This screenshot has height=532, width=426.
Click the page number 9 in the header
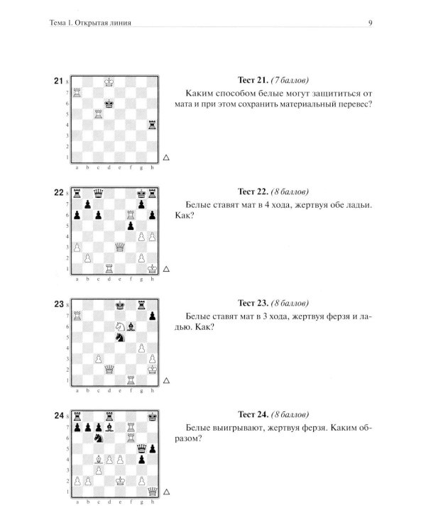pyautogui.click(x=371, y=23)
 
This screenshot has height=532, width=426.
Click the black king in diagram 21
pyautogui.click(x=109, y=104)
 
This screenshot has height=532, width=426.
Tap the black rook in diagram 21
pyautogui.click(x=152, y=125)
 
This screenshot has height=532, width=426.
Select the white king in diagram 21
pyautogui.click(x=109, y=82)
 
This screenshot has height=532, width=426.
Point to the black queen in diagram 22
pyautogui.click(x=99, y=194)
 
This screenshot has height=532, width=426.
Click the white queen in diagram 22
pyautogui.click(x=119, y=247)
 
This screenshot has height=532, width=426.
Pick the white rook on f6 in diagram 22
pyautogui.click(x=131, y=215)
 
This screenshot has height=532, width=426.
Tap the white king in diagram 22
pyautogui.click(x=152, y=268)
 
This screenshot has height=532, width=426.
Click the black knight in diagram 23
pyautogui.click(x=120, y=337)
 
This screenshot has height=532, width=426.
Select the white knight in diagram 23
pyautogui.click(x=120, y=326)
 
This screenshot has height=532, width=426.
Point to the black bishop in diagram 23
pyautogui.click(x=131, y=326)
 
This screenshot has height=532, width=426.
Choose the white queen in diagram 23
pyautogui.click(x=109, y=369)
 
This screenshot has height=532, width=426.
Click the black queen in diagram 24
pyautogui.click(x=142, y=448)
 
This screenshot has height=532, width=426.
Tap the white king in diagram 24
pyautogui.click(x=120, y=481)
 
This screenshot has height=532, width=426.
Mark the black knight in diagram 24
pyautogui.click(x=99, y=438)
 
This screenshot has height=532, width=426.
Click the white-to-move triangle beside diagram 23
pyautogui.click(x=166, y=381)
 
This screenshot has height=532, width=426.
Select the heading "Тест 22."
pyautogui.click(x=253, y=192)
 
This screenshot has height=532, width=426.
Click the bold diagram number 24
pyautogui.click(x=59, y=416)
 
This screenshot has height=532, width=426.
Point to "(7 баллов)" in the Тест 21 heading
pyautogui.click(x=290, y=80)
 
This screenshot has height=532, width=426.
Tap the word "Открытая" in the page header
pyautogui.click(x=89, y=23)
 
